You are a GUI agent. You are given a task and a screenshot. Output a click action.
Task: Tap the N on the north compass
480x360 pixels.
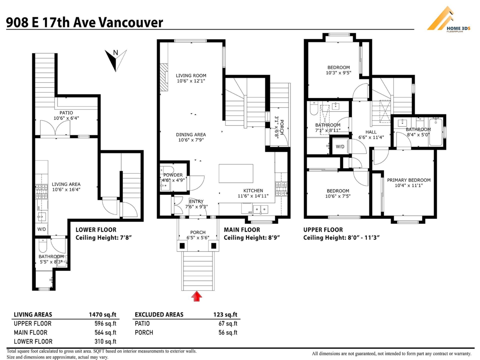click(116, 53)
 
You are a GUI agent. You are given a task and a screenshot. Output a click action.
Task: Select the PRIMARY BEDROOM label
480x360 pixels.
click(409, 180)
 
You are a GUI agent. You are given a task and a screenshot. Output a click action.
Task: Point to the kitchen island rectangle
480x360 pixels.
click(236, 174)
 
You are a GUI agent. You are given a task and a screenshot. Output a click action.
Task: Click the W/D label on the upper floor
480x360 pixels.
click(340, 147)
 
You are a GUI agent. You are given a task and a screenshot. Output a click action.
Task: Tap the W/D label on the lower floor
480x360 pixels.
click(42, 229)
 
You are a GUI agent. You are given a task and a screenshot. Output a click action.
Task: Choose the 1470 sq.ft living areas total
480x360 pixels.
click(102, 314)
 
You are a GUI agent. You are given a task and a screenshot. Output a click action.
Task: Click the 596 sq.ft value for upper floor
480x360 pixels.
click(106, 324)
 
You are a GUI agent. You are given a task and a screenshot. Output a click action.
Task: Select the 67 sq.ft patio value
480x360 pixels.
click(228, 324)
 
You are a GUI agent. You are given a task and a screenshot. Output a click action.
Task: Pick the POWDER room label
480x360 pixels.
click(173, 175)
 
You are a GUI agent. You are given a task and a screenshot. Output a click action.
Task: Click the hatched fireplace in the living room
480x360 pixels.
click(164, 77)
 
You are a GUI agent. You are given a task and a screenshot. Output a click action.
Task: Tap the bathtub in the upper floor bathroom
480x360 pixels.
click(436, 132)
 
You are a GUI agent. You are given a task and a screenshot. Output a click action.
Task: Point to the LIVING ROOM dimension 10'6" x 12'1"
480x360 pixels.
click(191, 81)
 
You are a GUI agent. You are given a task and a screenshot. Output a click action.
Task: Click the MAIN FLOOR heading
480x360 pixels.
click(242, 230)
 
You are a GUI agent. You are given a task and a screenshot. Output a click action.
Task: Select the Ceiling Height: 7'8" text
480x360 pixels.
click(104, 238)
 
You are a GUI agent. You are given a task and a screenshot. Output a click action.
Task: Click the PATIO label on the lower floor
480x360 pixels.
click(66, 113)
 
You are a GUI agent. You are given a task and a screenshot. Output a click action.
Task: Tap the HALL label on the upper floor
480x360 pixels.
click(371, 132)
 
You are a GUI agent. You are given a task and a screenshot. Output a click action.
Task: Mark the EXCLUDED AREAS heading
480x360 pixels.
click(159, 314)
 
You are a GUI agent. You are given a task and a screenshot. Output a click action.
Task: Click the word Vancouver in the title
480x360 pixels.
click(130, 22)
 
